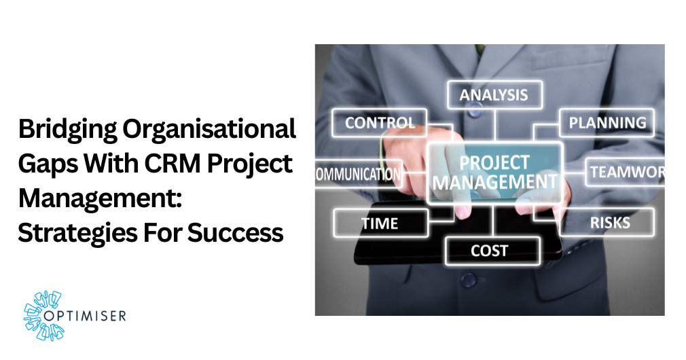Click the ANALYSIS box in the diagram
pos(494,95)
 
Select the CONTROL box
pos(380,123)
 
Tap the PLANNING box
pos(607,123)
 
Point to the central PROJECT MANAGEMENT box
pos(494,173)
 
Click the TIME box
pos(380,222)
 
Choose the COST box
pos(489,251)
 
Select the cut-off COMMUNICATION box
pos(358,174)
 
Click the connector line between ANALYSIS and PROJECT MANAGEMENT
pos(494,126)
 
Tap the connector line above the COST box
pos(494,221)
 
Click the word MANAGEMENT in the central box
pos(494,182)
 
